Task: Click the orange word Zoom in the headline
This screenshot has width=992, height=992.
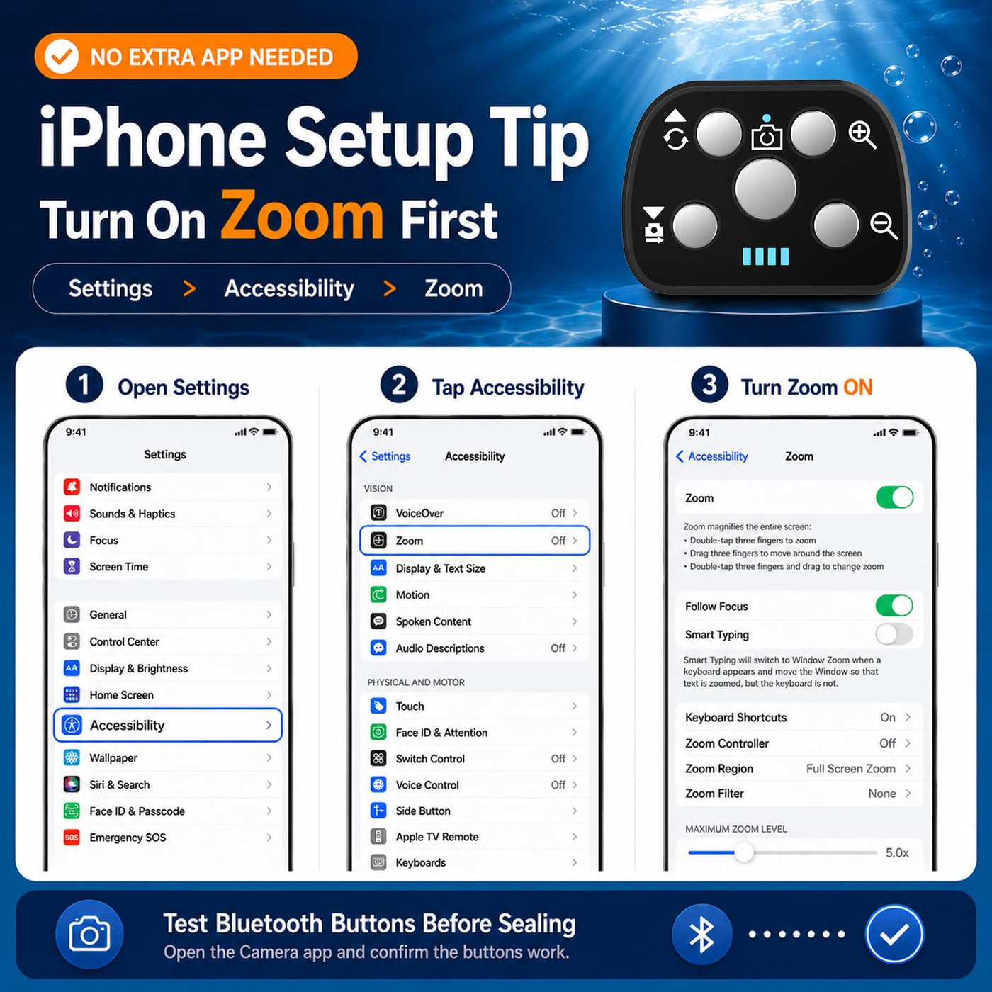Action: [x=302, y=215]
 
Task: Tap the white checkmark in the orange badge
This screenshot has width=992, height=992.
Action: [x=61, y=57]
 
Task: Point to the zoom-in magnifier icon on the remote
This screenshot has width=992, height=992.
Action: [x=862, y=135]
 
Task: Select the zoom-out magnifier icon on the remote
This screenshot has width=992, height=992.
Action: [x=884, y=225]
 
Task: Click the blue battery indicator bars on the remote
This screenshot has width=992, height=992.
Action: [x=765, y=256]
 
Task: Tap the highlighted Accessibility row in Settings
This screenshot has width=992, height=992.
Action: [x=168, y=725]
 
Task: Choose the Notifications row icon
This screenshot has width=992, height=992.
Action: [x=72, y=487]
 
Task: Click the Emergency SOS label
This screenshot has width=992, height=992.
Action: [x=128, y=838]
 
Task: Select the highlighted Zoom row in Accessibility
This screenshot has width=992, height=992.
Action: [x=475, y=541]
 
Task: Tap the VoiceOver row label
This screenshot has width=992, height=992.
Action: [x=419, y=513]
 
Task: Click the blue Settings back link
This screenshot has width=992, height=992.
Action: [x=385, y=456]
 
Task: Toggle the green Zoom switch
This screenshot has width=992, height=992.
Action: [x=895, y=497]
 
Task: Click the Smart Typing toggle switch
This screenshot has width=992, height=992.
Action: [x=894, y=634]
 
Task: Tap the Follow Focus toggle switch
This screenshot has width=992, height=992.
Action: [x=894, y=605]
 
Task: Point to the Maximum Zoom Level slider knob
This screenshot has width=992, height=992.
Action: [x=744, y=852]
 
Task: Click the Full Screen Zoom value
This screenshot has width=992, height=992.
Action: [x=850, y=769]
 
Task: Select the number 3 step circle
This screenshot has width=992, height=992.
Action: [x=709, y=385]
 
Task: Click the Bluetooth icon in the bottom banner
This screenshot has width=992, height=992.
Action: [x=701, y=934]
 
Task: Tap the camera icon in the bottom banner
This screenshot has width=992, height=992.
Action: [x=89, y=934]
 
